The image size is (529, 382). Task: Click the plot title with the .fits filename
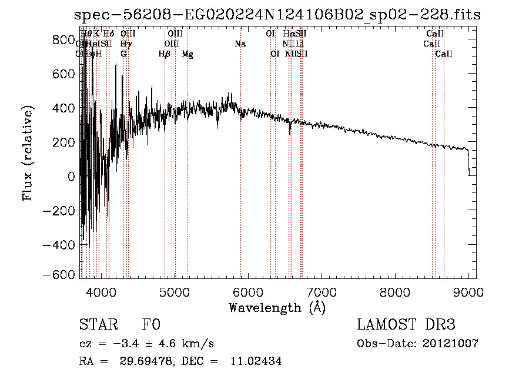click(x=277, y=15)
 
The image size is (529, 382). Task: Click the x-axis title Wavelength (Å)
click(x=277, y=307)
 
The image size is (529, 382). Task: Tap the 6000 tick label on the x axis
click(x=248, y=292)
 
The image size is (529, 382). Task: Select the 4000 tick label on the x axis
click(x=101, y=292)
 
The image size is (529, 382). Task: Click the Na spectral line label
click(x=240, y=44)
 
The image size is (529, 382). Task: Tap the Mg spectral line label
click(x=188, y=54)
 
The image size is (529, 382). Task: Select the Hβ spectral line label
click(x=165, y=54)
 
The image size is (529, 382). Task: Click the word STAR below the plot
click(x=98, y=325)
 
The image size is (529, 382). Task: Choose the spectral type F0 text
click(x=151, y=325)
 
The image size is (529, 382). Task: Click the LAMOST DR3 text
click(x=406, y=325)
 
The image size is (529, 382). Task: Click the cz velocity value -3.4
click(x=122, y=344)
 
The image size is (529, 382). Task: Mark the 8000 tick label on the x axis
click(x=394, y=292)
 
